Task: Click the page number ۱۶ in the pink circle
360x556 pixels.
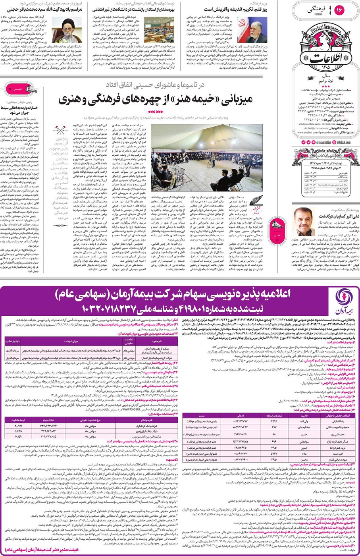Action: pos(340,10)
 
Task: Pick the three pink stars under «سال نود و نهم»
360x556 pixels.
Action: pos(325,86)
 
